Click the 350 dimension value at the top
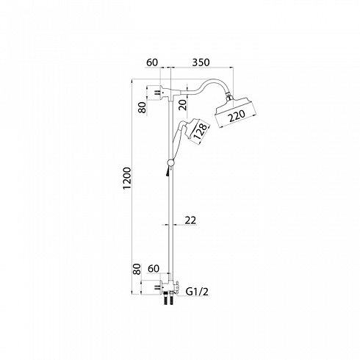[x=201, y=62]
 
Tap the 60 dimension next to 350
[x=152, y=62]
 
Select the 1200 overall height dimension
[x=127, y=179]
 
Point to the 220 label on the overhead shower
[x=237, y=116]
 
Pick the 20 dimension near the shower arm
[x=182, y=104]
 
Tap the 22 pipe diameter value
[x=190, y=220]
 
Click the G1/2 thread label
[x=197, y=292]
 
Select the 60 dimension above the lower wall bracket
[x=154, y=269]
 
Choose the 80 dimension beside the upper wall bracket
[x=142, y=107]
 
